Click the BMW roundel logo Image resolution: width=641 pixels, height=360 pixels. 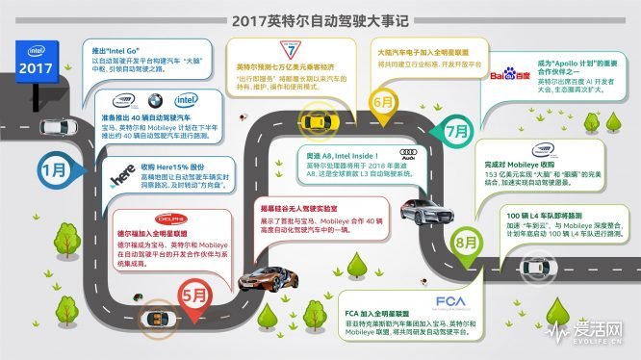157,100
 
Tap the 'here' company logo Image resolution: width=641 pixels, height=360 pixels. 122,177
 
